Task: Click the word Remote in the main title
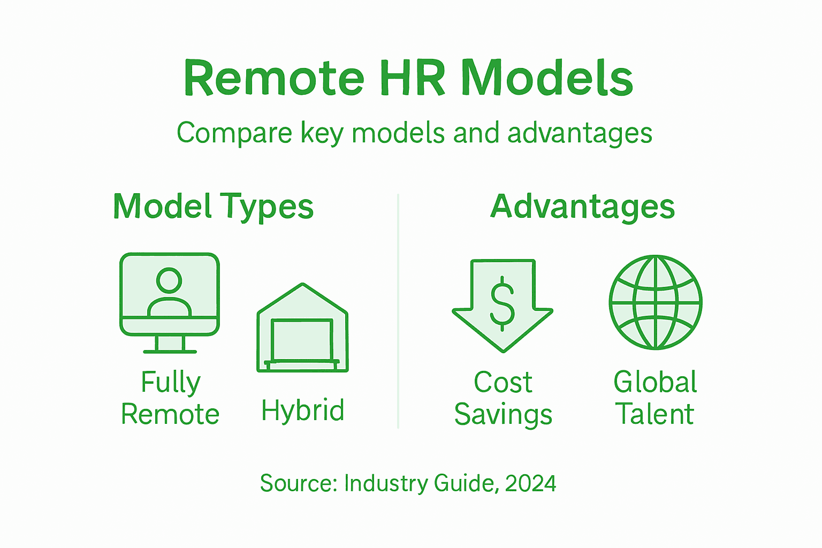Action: [273, 79]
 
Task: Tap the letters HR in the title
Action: [412, 79]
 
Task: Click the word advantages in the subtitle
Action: [580, 133]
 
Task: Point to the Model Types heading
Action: [213, 207]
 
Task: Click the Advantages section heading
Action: [582, 207]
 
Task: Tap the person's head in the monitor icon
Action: [169, 280]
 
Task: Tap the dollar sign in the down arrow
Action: [503, 303]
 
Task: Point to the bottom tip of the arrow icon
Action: [503, 350]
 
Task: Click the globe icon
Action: [656, 302]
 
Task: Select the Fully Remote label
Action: [170, 398]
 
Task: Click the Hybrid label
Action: [303, 411]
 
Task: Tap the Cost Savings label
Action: [503, 398]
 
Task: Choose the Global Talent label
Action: [655, 398]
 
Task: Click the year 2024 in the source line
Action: [530, 483]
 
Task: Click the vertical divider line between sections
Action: [398, 310]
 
